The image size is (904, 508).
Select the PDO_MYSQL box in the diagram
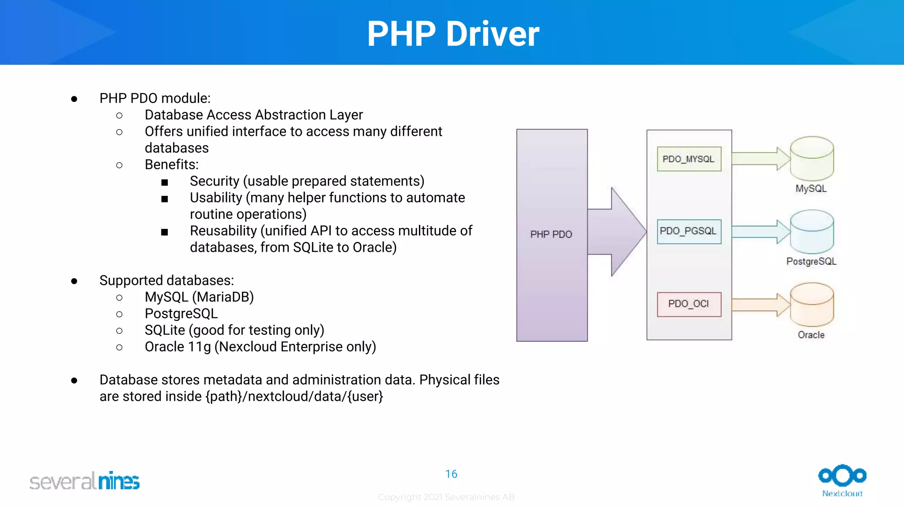[x=689, y=159]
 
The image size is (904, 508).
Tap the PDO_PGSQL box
[x=689, y=232]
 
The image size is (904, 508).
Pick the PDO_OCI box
[x=689, y=304]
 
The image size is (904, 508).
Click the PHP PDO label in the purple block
[x=551, y=235]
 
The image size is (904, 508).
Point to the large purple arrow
[x=618, y=232]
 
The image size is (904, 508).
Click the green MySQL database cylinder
[x=811, y=159]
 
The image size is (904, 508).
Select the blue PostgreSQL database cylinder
[x=811, y=232]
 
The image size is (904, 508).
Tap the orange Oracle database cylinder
[x=811, y=305]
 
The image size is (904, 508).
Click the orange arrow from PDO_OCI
[x=759, y=305]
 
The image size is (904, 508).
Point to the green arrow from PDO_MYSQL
[x=759, y=159]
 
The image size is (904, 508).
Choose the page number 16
[x=451, y=474]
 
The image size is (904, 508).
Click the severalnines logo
[x=84, y=481]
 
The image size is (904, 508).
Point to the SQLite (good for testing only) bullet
[x=234, y=330]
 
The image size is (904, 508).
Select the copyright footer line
[x=446, y=497]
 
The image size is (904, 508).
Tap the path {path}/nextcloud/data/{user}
[x=294, y=396]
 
